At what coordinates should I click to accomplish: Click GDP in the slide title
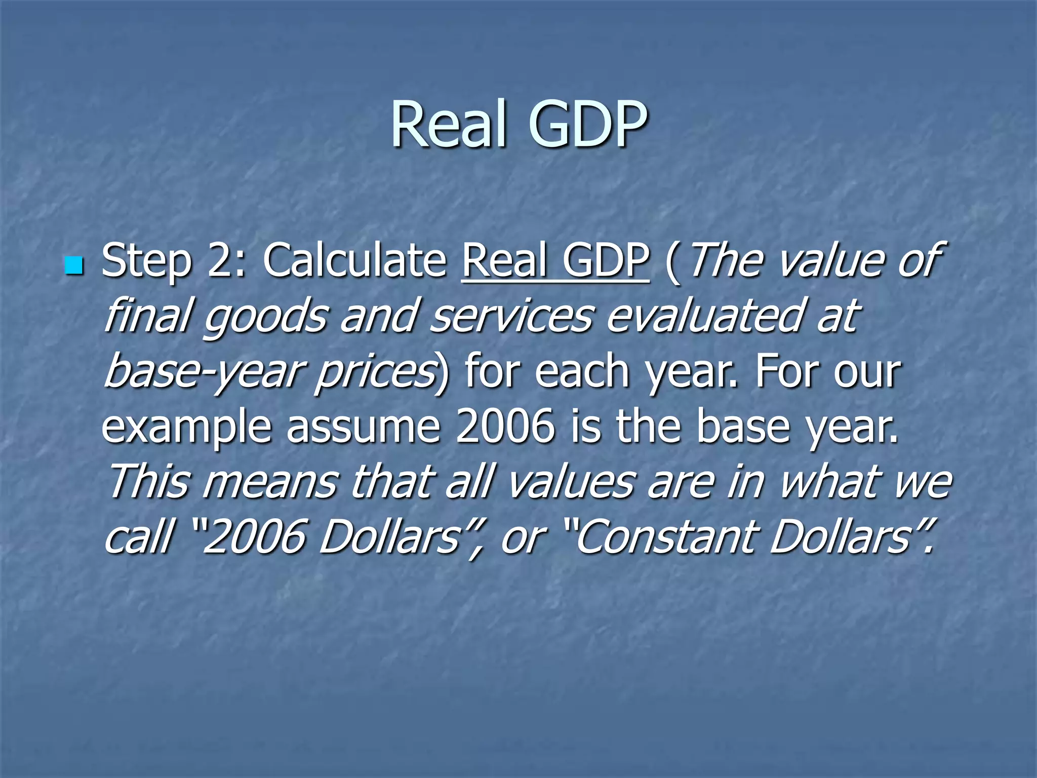click(587, 125)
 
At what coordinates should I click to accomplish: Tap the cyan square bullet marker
click(74, 265)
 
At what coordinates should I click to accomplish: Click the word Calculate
click(354, 260)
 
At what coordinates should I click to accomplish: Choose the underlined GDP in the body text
click(606, 260)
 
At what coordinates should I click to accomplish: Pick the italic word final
click(147, 315)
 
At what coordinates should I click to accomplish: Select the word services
click(511, 315)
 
